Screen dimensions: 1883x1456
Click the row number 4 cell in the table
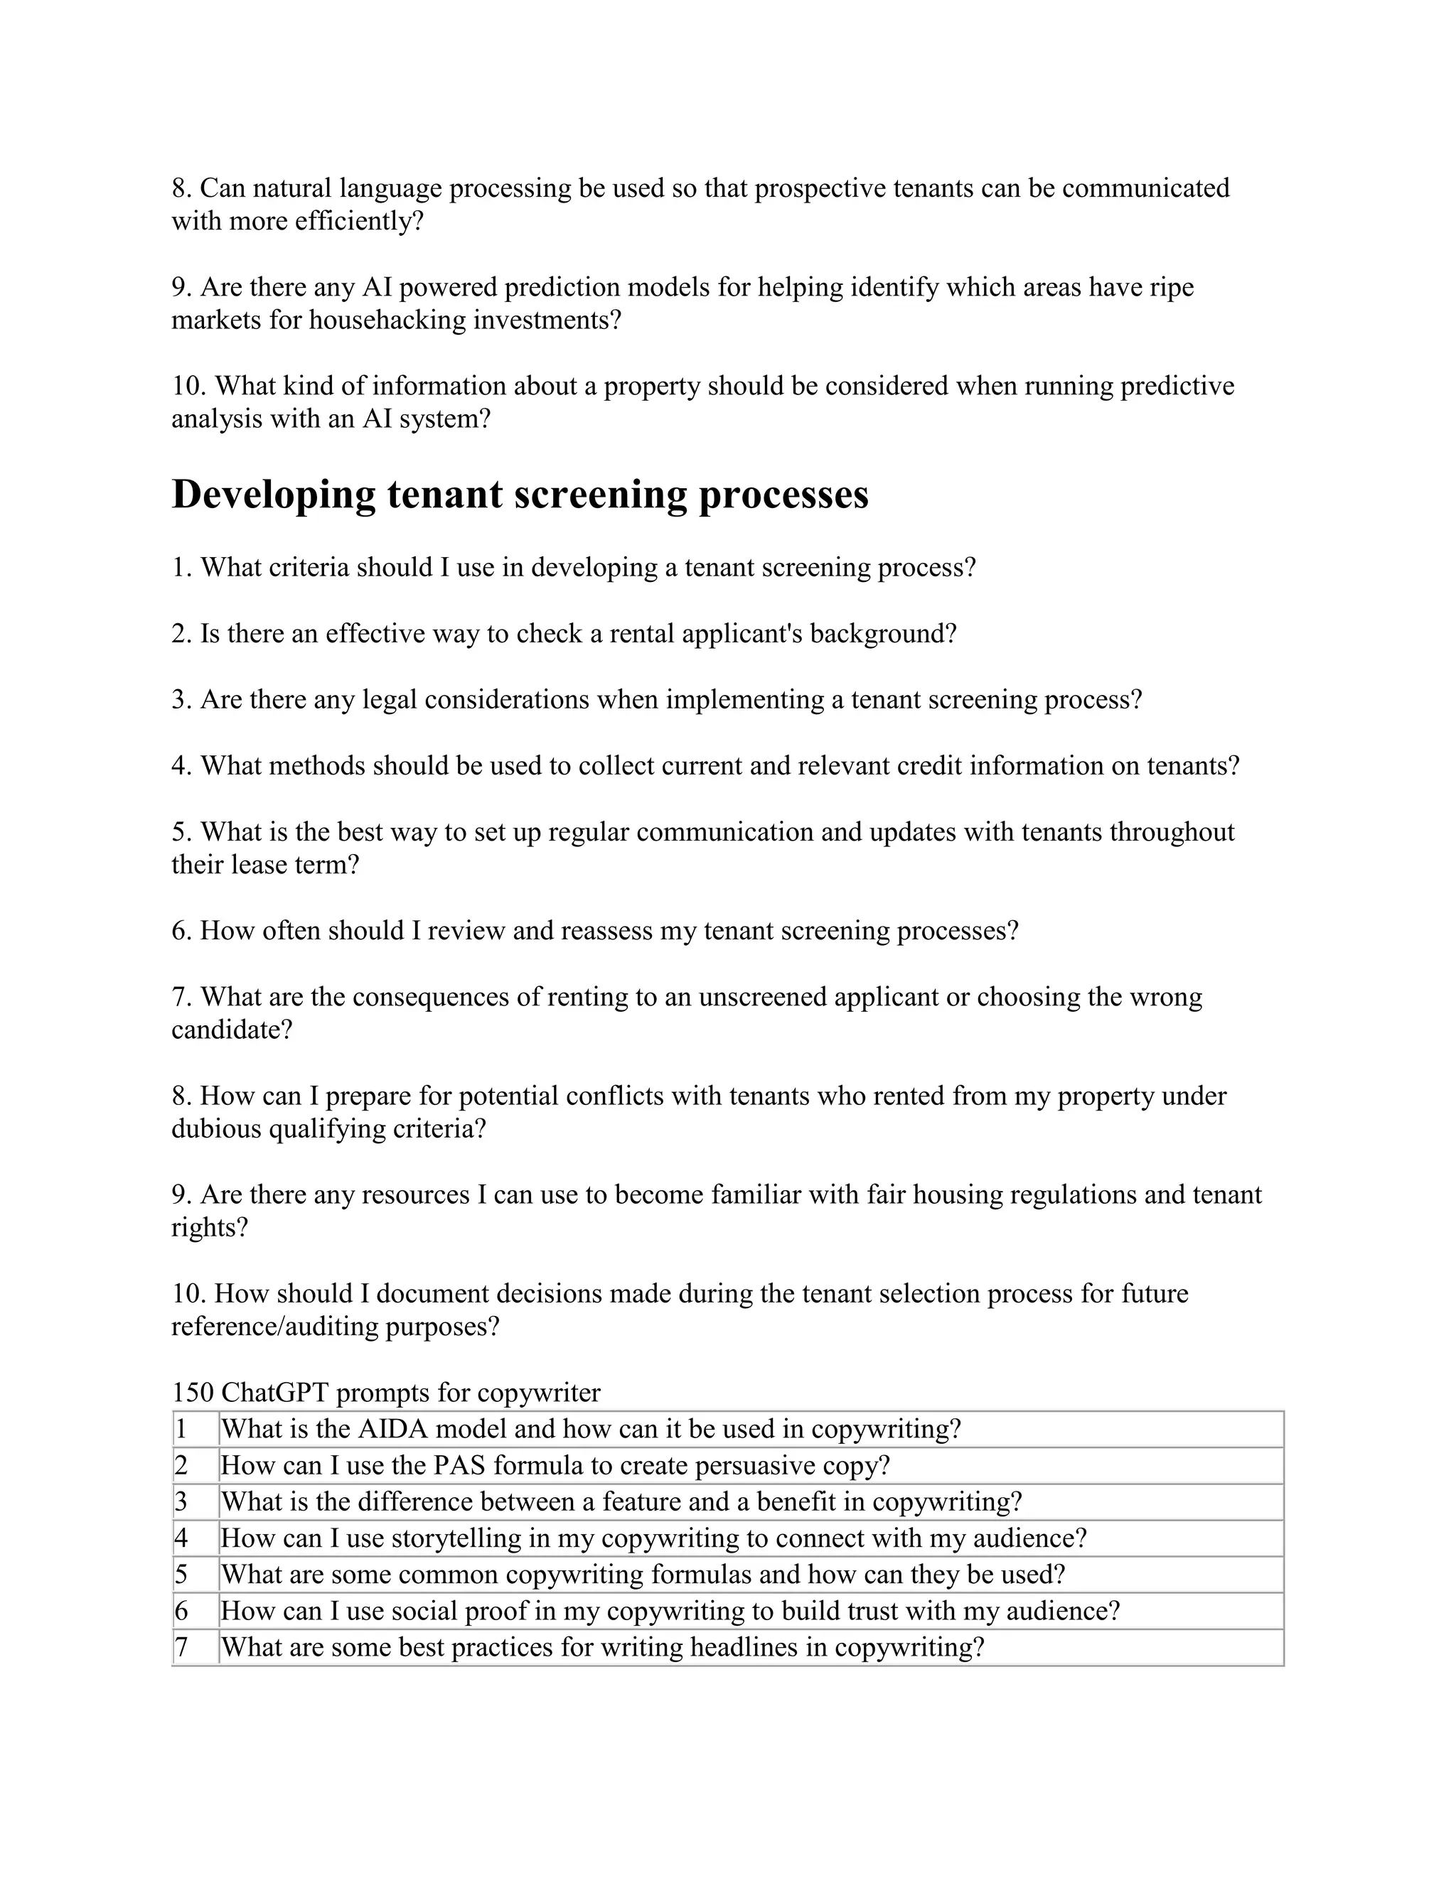coord(182,1538)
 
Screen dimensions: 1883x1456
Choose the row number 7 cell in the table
coord(182,1648)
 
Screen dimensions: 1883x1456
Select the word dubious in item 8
coord(215,1128)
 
